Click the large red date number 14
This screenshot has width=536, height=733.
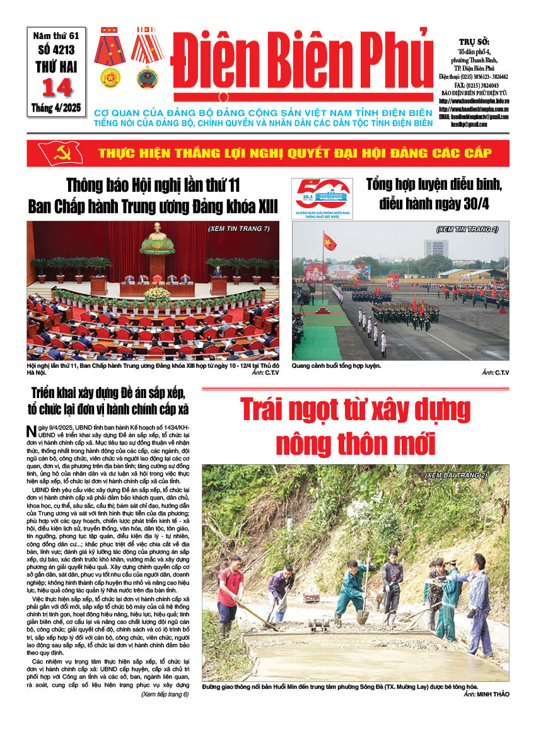[57, 88]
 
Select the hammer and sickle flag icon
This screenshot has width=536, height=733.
[60, 153]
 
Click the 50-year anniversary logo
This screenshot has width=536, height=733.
[322, 197]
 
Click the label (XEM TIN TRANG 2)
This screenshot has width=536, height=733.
[467, 229]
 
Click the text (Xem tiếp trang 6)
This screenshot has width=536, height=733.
[165, 695]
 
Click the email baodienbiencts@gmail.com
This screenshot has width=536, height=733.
[474, 117]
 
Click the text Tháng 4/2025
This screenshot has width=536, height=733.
[57, 108]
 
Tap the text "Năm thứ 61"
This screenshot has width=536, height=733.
[57, 38]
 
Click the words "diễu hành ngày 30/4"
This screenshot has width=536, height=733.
[435, 204]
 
